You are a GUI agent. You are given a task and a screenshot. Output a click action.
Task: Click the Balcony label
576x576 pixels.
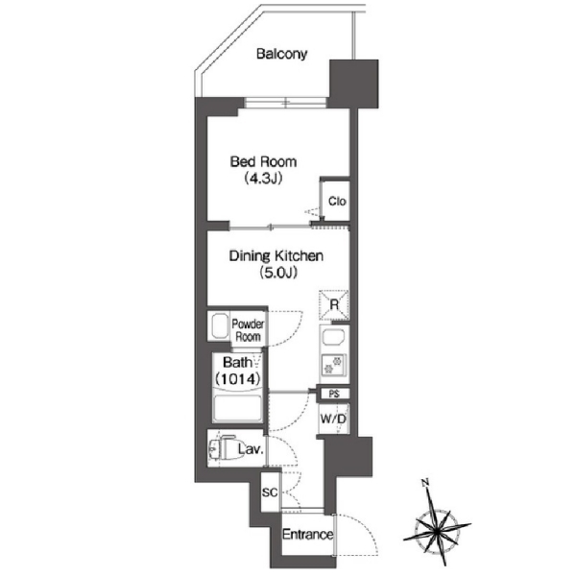pos(281,54)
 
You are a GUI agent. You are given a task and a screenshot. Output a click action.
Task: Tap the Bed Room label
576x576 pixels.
pos(263,161)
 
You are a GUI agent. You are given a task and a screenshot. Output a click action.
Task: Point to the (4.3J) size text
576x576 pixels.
pos(263,179)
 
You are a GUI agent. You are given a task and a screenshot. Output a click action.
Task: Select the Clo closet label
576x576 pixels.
pos(337,202)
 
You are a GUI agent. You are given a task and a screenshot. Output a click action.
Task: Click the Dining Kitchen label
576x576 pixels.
pos(276,255)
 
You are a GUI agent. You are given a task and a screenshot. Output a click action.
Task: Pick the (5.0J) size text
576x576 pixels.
pos(278,273)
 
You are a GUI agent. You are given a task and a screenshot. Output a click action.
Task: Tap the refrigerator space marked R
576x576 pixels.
pos(334,304)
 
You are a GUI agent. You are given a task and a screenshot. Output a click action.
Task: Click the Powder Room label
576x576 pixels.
pos(248,330)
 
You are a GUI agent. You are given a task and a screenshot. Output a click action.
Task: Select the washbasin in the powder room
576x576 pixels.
pos(219,325)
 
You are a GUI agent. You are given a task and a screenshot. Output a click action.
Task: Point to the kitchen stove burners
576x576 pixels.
pos(334,365)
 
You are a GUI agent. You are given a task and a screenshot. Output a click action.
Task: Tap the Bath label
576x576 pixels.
pos(238,363)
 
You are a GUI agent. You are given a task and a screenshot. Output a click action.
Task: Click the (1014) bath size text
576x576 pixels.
pos(238,378)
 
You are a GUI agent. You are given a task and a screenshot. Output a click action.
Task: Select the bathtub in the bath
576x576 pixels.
pos(238,407)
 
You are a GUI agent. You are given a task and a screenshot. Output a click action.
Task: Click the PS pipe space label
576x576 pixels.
pos(334,394)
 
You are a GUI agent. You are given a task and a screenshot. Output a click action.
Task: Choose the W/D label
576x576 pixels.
pos(333,419)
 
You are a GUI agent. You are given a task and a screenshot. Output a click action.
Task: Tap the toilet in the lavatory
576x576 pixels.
pos(223,447)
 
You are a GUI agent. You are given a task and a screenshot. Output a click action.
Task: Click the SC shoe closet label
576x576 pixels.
pos(270,492)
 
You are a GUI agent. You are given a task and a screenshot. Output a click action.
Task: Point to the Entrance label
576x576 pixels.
pos(308,535)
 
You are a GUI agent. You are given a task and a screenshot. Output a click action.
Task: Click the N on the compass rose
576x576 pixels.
pos(425,483)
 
